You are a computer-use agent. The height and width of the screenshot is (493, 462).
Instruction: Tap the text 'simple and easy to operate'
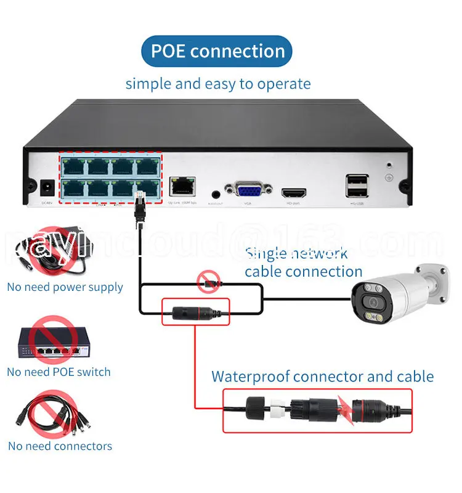tap(218, 84)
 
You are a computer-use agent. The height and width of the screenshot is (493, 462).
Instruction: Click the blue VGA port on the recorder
tap(247, 189)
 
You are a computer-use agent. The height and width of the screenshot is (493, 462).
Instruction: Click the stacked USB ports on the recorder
tap(357, 185)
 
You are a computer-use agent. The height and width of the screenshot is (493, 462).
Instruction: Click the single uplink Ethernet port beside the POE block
tap(182, 185)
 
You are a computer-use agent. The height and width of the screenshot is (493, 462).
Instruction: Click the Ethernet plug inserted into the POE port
tap(140, 204)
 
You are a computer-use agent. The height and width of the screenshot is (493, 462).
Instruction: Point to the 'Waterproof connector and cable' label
tap(323, 377)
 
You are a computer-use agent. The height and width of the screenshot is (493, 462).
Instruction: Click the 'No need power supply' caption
tap(65, 287)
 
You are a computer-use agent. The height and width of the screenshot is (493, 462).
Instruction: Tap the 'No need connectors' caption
tap(60, 446)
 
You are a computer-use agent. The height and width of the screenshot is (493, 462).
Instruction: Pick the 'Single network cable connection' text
tap(304, 262)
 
